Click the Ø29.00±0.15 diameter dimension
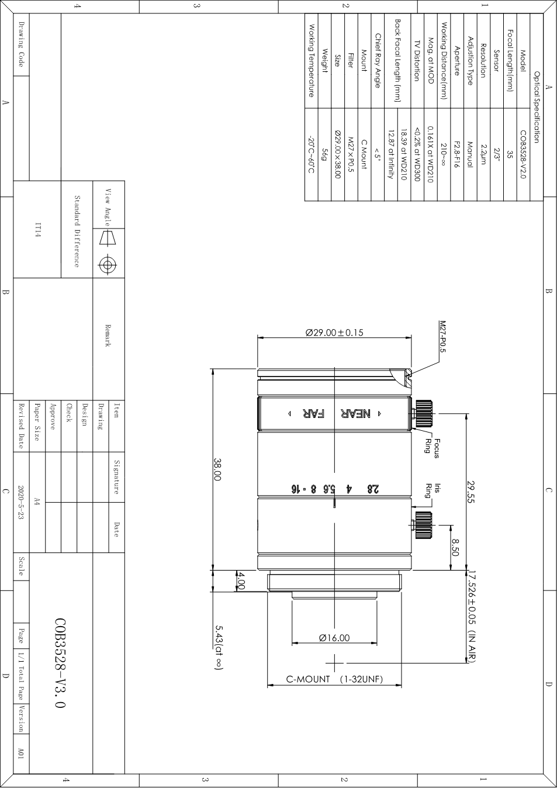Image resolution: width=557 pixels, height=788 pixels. coord(334,333)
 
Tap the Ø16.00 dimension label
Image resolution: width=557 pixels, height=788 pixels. coord(334,638)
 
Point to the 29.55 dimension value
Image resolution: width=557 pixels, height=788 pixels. coord(470,492)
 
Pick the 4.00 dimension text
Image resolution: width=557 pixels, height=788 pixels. coord(241,580)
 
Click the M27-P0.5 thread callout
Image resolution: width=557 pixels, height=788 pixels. coord(442,336)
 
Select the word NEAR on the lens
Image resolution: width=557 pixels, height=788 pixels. coord(355,414)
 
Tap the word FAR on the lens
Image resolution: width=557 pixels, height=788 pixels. coord(313,414)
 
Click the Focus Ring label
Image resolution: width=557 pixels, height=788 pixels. coord(433,448)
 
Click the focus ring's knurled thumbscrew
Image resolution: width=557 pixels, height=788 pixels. coord(423,413)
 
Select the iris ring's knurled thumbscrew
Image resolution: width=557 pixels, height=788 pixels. coord(423,525)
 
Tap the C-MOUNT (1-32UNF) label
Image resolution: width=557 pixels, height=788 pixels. coord(334,679)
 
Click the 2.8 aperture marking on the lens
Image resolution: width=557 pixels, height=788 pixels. coord(373,488)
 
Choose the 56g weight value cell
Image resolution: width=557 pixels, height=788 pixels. coord(324,154)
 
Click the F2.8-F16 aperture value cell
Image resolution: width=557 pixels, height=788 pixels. coord(456,154)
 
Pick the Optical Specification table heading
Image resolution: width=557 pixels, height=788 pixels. coord(537,107)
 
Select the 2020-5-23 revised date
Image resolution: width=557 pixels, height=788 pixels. coord(21,503)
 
